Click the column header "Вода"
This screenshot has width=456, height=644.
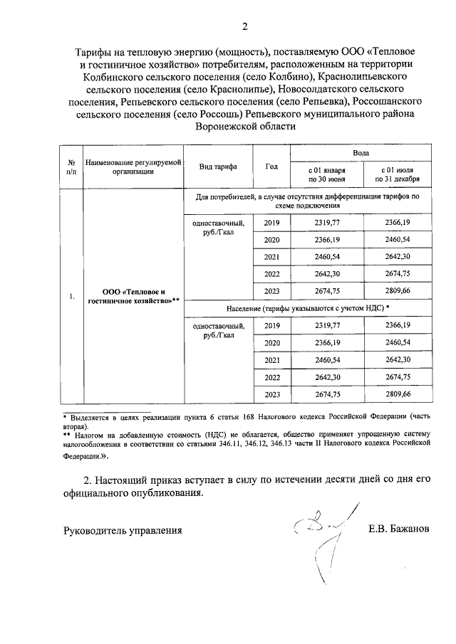point(361,153)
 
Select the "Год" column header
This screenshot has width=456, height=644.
point(271,167)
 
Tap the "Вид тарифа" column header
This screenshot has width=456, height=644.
point(219,167)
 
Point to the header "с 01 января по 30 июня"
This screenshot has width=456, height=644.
point(326,175)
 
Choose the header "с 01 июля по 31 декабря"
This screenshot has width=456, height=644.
point(398,175)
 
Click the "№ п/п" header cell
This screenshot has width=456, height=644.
point(71,167)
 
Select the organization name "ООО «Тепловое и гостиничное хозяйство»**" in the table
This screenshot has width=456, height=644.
point(133,296)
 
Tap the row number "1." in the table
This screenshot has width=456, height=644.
point(71,296)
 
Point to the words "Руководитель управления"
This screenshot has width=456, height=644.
point(123,530)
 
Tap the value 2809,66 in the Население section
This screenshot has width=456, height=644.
point(398,394)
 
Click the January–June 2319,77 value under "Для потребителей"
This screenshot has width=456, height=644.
point(326,223)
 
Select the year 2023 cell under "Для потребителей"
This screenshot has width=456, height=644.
point(271,291)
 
